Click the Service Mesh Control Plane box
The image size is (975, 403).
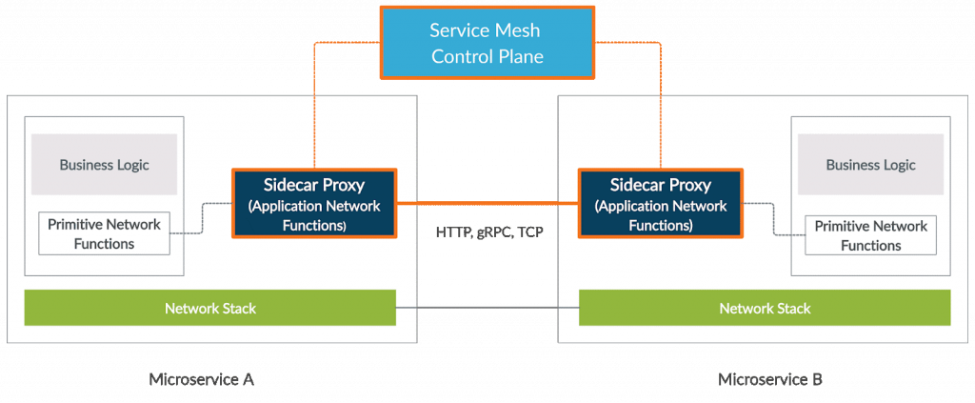487,43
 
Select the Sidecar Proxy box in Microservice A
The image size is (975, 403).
313,203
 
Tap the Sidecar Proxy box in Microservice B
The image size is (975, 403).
660,203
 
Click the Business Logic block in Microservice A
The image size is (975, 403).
104,165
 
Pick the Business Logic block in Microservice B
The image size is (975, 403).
870,165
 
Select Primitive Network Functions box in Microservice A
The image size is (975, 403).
104,234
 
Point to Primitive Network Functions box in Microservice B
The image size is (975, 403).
870,235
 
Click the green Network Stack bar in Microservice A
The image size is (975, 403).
209,308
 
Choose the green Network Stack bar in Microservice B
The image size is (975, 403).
764,308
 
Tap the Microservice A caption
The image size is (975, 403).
201,379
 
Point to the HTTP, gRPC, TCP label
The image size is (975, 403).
488,232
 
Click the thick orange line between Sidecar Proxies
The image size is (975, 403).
487,203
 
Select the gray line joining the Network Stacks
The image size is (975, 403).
487,308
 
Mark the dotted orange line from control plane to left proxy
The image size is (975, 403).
313,114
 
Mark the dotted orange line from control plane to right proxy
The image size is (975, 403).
661,114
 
